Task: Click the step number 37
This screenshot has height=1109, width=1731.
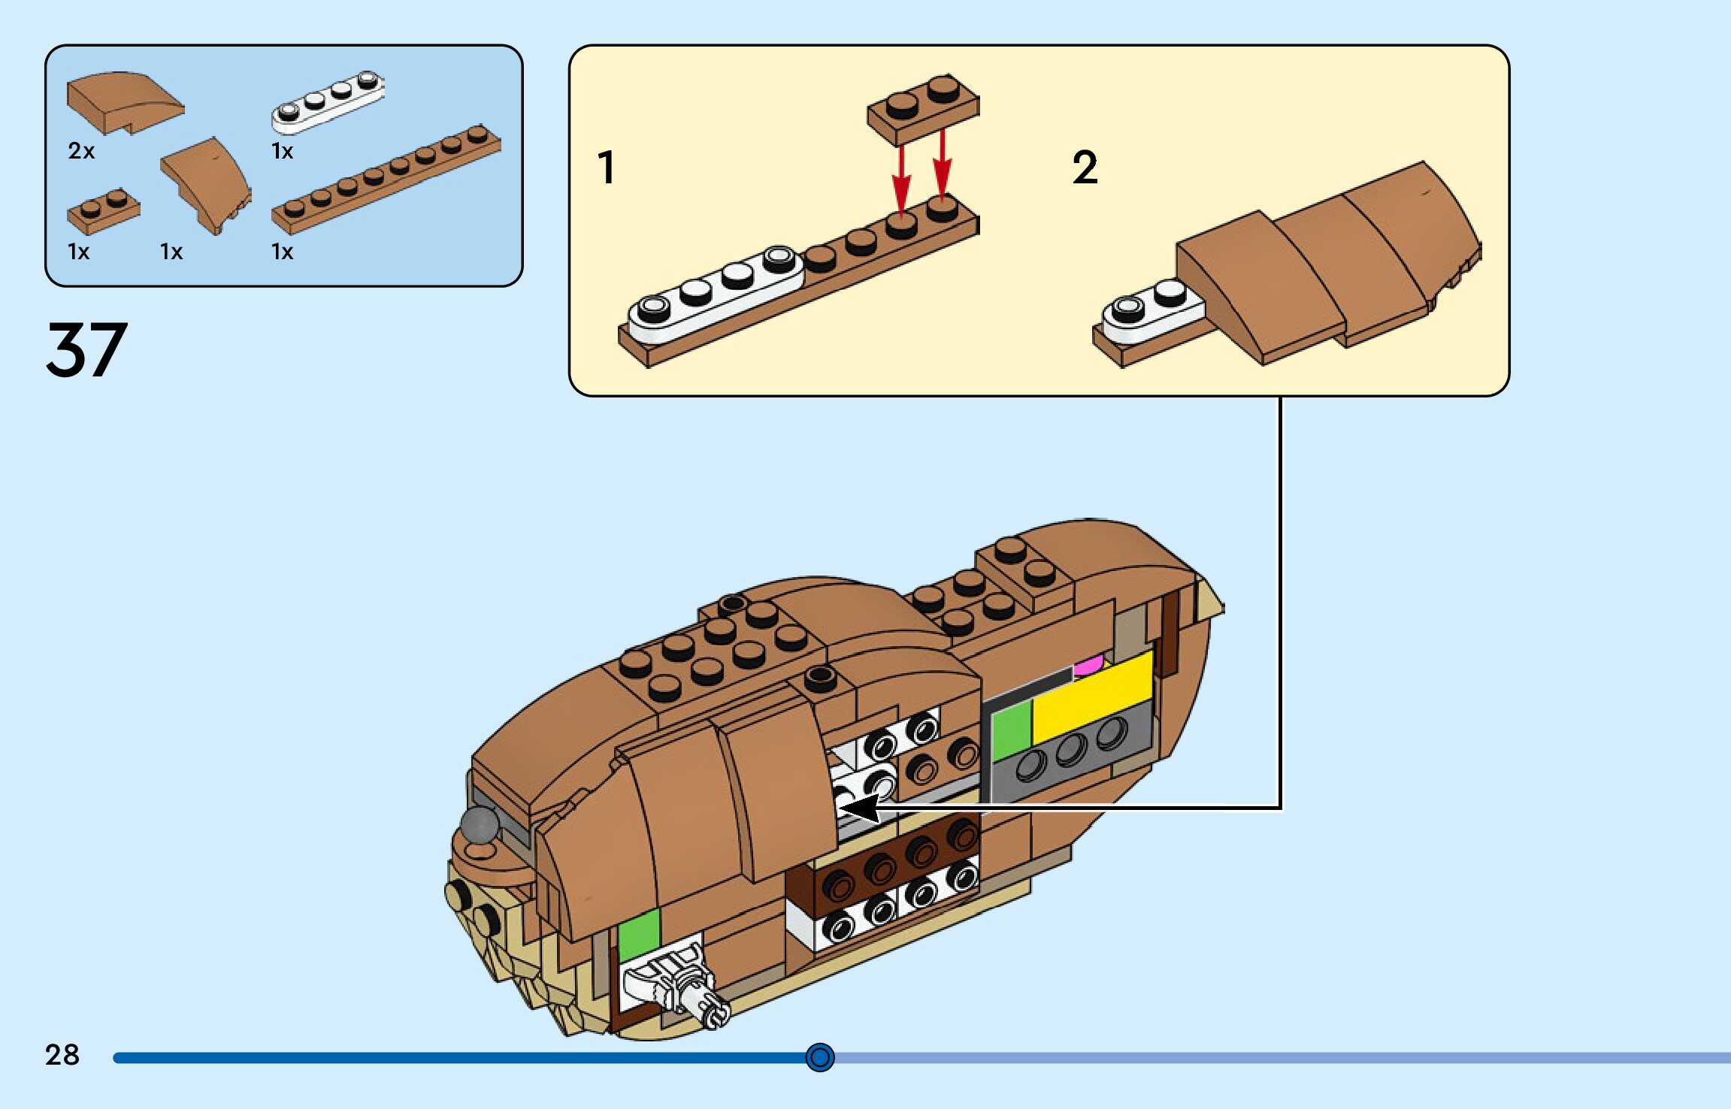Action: pyautogui.click(x=86, y=349)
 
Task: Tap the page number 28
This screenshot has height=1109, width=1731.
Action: pyautogui.click(x=62, y=1055)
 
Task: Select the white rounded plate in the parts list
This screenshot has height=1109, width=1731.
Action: pyautogui.click(x=328, y=102)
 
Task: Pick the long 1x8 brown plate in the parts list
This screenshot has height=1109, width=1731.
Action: pyautogui.click(x=386, y=180)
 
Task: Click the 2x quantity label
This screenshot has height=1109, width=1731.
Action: pyautogui.click(x=81, y=151)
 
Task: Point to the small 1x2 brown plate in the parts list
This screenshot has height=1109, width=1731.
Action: pyautogui.click(x=103, y=211)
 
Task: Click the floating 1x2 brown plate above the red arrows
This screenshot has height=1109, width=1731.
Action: pyautogui.click(x=923, y=109)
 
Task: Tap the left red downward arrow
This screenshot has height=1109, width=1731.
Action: pyautogui.click(x=901, y=180)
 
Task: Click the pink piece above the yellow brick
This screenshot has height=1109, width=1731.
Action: pyautogui.click(x=1088, y=666)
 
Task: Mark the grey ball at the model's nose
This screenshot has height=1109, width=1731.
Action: pyautogui.click(x=480, y=823)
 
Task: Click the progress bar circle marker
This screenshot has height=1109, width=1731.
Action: pyautogui.click(x=819, y=1057)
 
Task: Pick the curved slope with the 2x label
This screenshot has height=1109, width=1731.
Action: pyautogui.click(x=124, y=102)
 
